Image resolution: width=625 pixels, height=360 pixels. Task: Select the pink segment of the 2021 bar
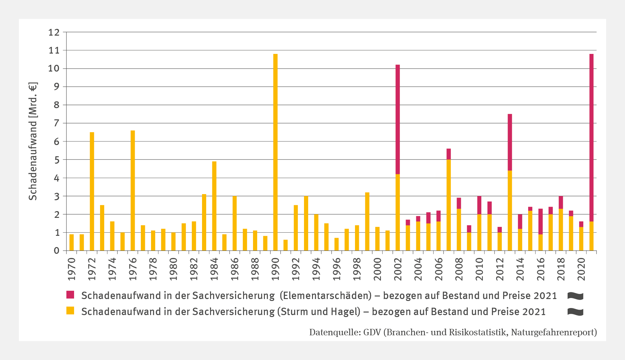(591, 138)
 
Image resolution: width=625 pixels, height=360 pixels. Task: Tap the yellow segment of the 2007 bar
(449, 205)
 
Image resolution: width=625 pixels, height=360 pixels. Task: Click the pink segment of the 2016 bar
(540, 221)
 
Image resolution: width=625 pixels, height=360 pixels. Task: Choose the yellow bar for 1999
(367, 221)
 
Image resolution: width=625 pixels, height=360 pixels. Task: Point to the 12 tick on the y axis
(54, 32)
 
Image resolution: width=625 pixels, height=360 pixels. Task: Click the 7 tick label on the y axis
(56, 123)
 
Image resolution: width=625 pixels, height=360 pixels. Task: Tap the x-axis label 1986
(235, 269)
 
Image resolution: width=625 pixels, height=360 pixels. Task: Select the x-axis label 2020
(581, 269)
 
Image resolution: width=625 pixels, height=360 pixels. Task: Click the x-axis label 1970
(72, 269)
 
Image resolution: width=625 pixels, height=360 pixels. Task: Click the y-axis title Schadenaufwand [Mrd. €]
(33, 141)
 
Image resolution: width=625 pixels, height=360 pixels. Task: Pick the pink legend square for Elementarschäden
(70, 295)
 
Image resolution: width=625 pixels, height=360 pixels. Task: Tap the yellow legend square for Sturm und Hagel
(70, 311)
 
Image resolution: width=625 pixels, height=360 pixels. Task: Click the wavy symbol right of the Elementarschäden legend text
(575, 296)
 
